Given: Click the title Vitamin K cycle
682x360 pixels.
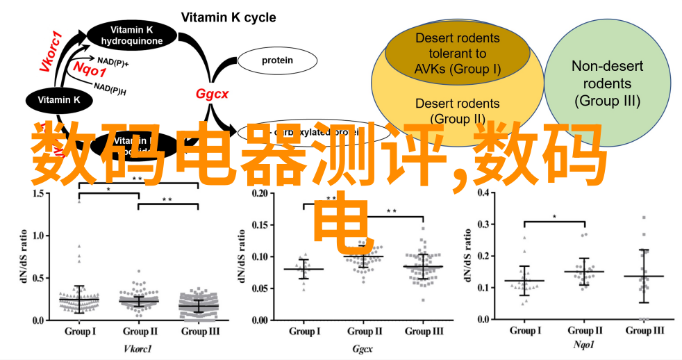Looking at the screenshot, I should coord(228,17).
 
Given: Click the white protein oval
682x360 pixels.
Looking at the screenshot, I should coord(277,60).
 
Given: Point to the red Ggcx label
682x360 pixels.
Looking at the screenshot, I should coord(212,93).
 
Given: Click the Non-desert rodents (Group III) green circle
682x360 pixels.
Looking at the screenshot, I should coord(607,83).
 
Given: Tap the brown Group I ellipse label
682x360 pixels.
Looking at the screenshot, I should coord(458,52).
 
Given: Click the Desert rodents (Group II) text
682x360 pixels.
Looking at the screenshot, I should coord(457,111).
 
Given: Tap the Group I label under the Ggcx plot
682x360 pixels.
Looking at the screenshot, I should coord(303,331).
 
